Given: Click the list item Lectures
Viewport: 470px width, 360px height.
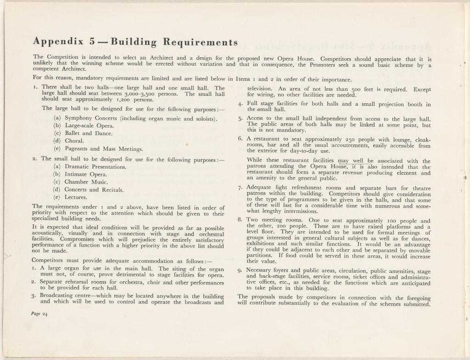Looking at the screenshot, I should tap(76, 197).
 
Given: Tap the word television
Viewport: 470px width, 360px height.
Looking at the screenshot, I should tap(262, 89).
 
